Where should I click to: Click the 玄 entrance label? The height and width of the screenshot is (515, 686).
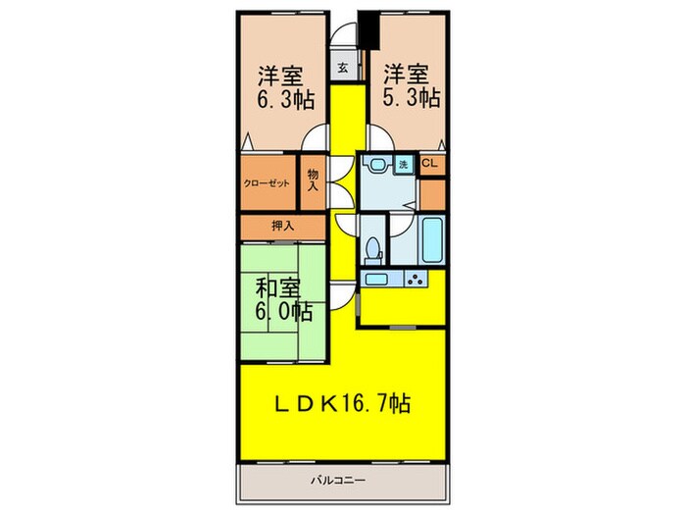(x=343, y=68)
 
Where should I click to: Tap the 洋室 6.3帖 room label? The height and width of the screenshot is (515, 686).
(x=285, y=87)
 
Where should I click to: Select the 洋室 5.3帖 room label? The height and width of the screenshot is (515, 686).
(x=412, y=86)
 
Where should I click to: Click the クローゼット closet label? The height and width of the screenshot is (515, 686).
(x=267, y=183)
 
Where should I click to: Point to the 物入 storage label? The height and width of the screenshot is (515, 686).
(x=313, y=180)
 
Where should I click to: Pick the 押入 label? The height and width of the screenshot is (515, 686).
(x=282, y=226)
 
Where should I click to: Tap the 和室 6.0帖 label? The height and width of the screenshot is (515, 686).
(x=283, y=300)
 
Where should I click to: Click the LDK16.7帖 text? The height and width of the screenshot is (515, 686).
(x=342, y=403)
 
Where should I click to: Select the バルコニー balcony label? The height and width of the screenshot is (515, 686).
(x=338, y=481)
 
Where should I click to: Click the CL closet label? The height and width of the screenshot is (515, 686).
(x=429, y=164)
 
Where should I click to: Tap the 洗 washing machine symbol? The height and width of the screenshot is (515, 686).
(x=404, y=165)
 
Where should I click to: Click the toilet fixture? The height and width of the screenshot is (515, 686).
(x=373, y=251)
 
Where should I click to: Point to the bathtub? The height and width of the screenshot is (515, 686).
(x=432, y=240)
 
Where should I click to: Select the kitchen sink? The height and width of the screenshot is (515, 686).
(x=376, y=279)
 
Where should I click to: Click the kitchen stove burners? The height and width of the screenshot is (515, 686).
(x=416, y=279)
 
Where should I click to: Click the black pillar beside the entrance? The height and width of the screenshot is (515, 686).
(x=368, y=29)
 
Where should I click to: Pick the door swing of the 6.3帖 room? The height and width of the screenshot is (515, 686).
(x=315, y=137)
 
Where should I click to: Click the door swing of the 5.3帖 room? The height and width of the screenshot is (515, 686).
(x=380, y=137)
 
